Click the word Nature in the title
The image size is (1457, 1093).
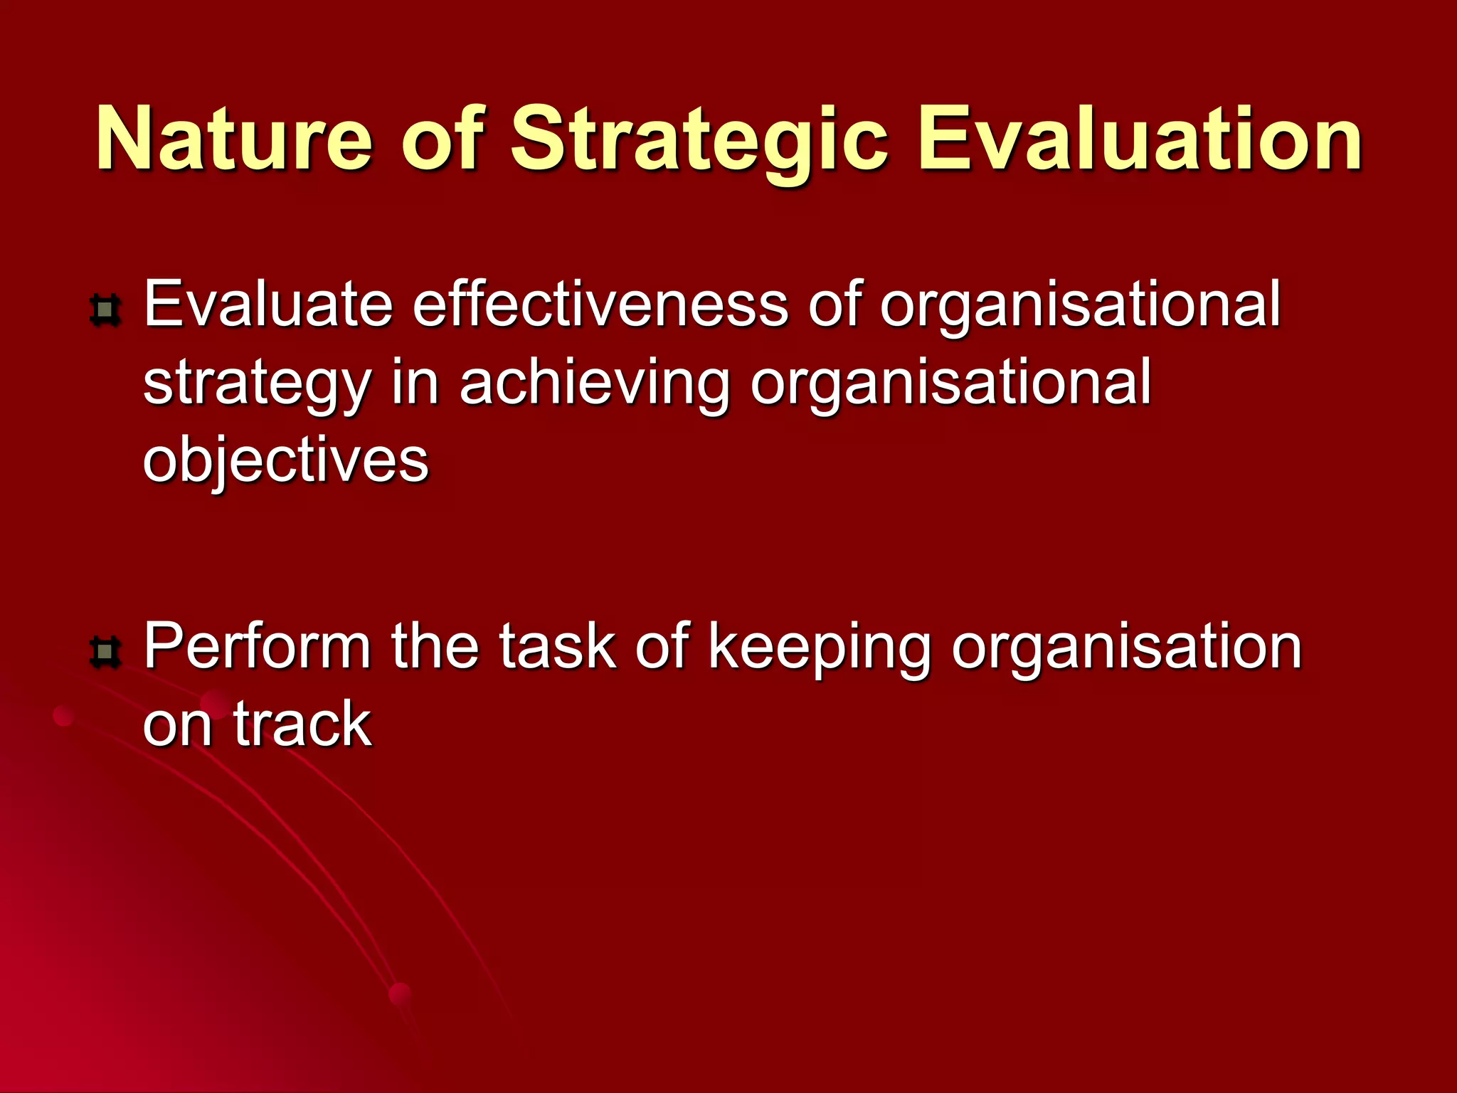[x=234, y=139]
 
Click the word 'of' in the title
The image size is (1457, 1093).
[x=442, y=139]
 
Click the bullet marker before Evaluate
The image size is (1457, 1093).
[x=106, y=311]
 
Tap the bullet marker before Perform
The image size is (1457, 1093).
[x=106, y=652]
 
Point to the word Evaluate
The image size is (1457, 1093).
[x=268, y=305]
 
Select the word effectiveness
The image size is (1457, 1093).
[x=600, y=305]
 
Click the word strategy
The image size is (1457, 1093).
[x=257, y=384]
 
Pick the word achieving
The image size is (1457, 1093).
[x=595, y=384]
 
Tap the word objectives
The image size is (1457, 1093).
[x=285, y=460]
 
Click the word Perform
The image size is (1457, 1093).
[x=257, y=647]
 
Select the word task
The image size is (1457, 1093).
[x=557, y=647]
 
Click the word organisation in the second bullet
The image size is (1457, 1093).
[x=1126, y=647]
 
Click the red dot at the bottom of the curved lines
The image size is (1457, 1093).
[x=401, y=994]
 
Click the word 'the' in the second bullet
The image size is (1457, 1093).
[x=435, y=647]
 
